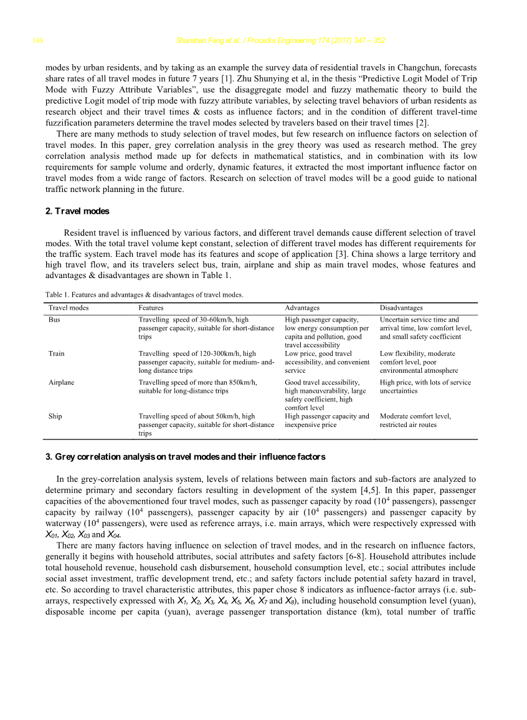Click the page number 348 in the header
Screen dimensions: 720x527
click(x=36, y=41)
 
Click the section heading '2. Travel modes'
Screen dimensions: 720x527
click(x=77, y=211)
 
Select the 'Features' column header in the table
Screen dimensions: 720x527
click(x=151, y=308)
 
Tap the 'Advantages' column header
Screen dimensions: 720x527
click(x=302, y=308)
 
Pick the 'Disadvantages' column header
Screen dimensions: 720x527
click(x=401, y=308)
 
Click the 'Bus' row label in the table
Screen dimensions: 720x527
click(x=54, y=320)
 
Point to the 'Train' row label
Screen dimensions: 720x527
click(x=56, y=353)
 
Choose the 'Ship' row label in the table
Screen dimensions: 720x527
click(x=55, y=416)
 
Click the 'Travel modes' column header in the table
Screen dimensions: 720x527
click(x=69, y=308)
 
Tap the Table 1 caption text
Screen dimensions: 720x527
click(x=144, y=295)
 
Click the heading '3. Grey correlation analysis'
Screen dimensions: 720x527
click(x=185, y=457)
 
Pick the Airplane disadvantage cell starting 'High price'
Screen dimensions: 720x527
click(x=425, y=386)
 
